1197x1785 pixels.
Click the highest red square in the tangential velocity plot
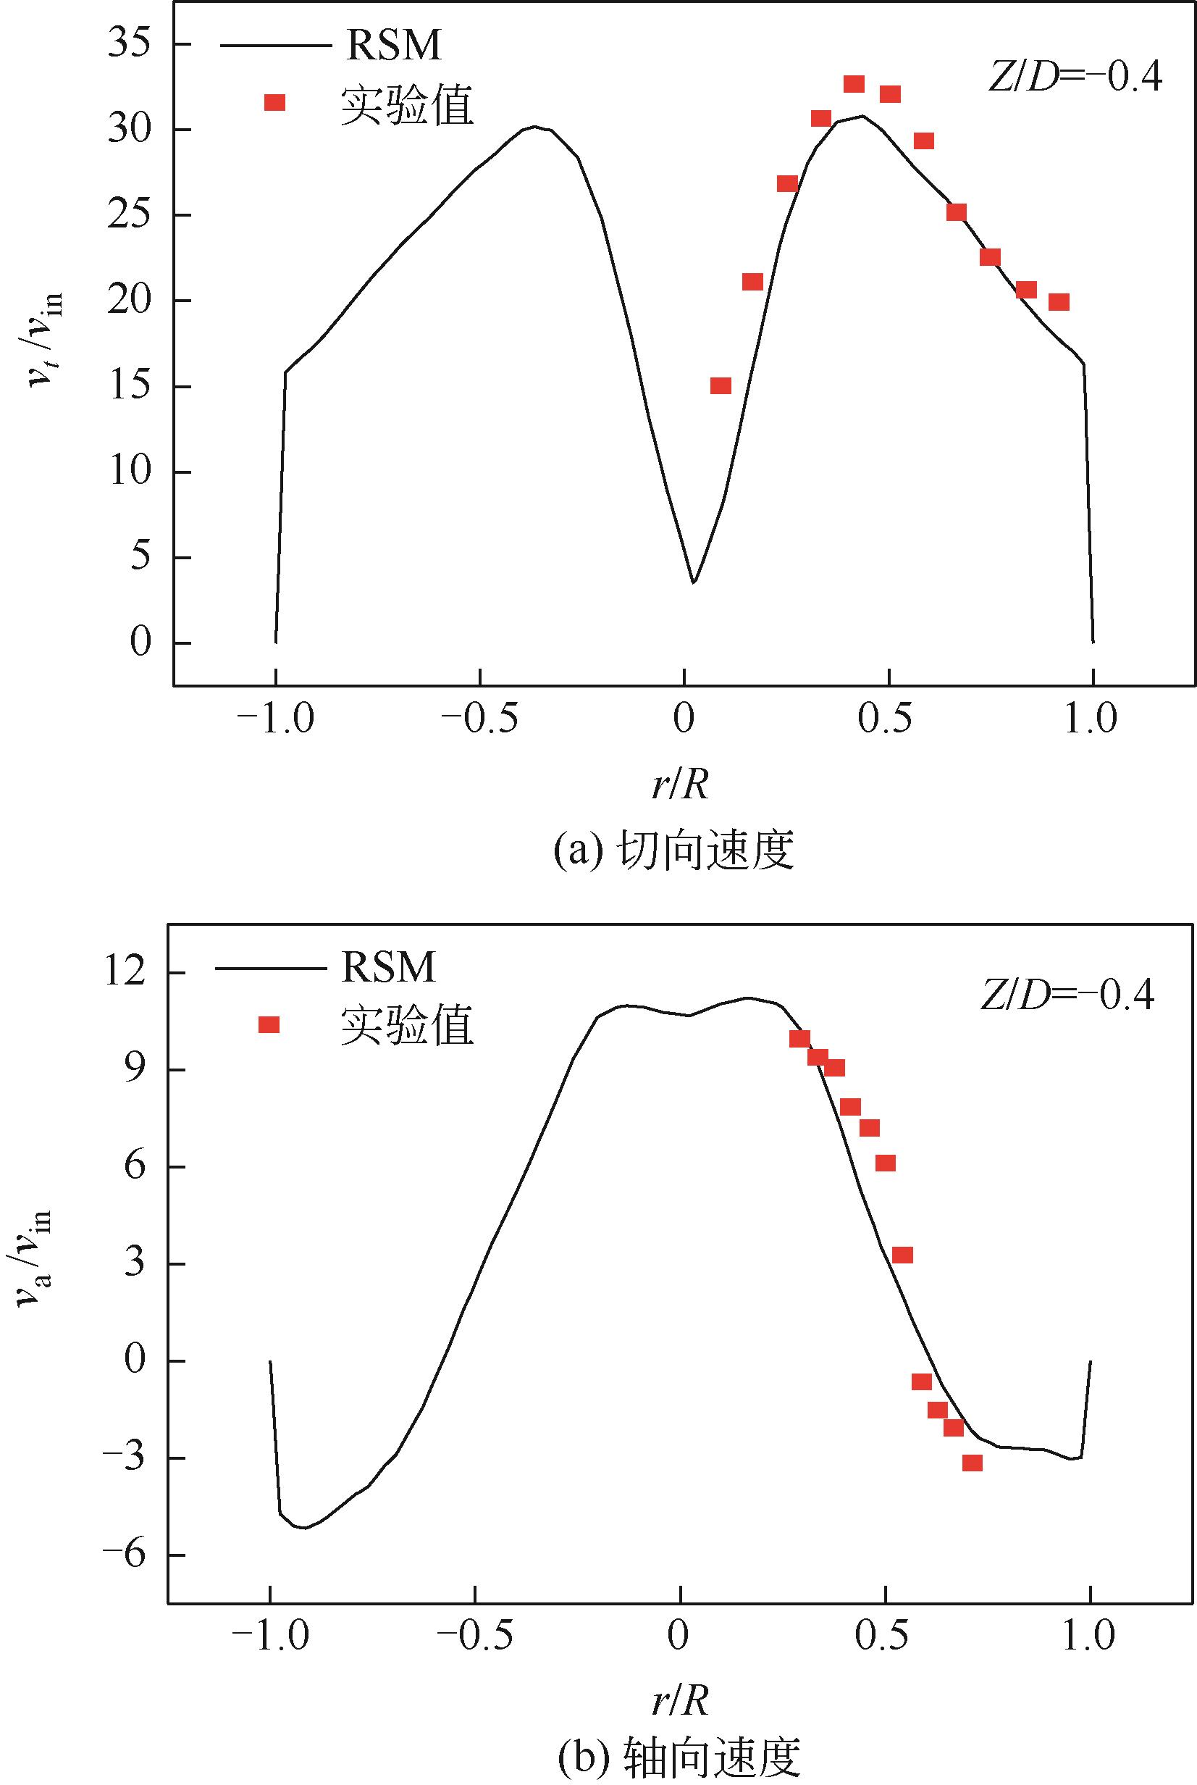click(854, 84)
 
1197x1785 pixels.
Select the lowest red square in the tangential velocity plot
click(721, 385)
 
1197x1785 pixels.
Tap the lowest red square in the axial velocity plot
click(972, 1463)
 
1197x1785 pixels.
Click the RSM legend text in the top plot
click(394, 45)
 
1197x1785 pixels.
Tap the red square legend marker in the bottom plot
click(269, 1024)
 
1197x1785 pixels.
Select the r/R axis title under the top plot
click(681, 784)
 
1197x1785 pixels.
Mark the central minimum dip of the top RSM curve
click(693, 582)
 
